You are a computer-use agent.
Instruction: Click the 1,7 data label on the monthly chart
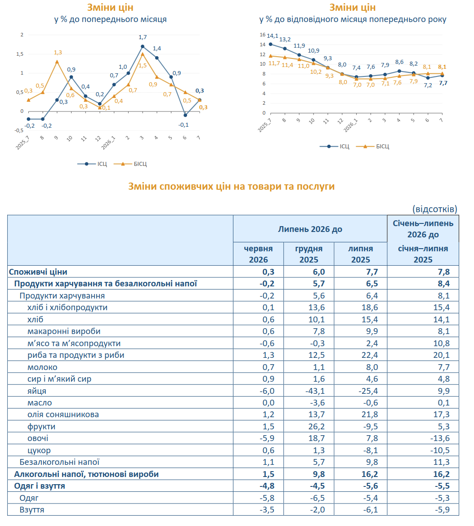coord(143,37)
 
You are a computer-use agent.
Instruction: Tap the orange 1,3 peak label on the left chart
coord(58,52)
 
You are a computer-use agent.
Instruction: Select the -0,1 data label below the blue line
coord(183,125)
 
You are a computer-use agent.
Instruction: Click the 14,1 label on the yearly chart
coord(273,36)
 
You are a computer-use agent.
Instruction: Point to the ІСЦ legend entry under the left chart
coord(92,164)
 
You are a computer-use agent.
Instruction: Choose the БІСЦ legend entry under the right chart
coord(372,146)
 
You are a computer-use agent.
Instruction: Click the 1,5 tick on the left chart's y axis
coord(20,54)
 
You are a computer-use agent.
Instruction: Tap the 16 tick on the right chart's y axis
coord(263,35)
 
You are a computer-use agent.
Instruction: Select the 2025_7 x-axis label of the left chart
coord(23,143)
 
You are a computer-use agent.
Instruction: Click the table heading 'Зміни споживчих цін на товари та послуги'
coord(232,186)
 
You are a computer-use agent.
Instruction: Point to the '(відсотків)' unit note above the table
coord(435,209)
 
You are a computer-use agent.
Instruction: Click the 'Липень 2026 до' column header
coord(310,229)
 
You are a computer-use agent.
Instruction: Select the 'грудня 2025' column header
coord(309,254)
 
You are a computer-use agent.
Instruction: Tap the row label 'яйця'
coord(37,391)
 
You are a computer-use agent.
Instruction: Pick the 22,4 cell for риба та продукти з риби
coord(370,355)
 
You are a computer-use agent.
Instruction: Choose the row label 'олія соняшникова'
coord(63,415)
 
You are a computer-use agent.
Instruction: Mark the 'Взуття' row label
coord(32,509)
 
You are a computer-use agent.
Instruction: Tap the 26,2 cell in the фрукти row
coord(317,426)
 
